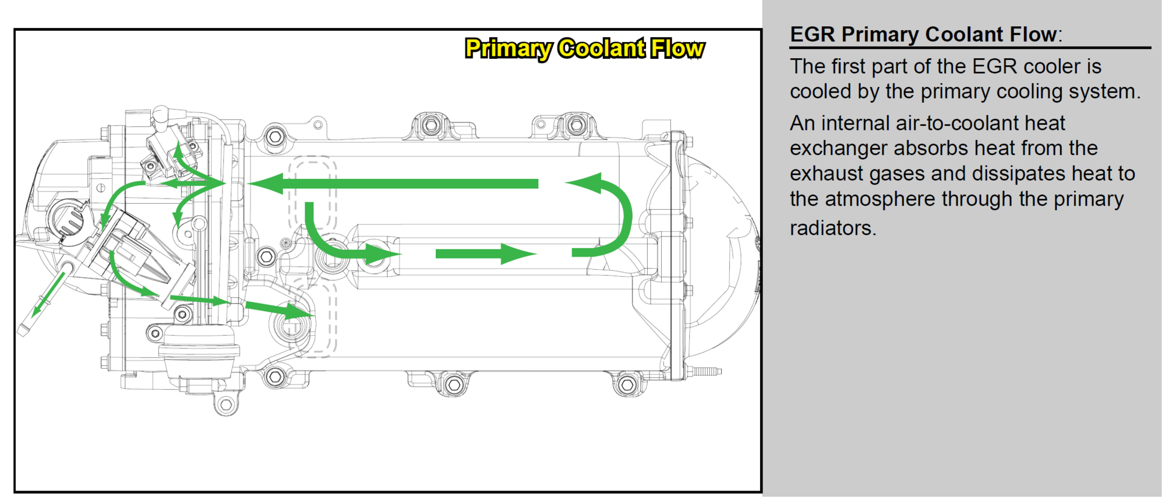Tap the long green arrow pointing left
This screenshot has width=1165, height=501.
393,184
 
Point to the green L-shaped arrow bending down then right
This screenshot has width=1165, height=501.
338,239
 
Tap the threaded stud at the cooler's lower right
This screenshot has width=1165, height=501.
707,371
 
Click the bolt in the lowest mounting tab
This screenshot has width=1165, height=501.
226,404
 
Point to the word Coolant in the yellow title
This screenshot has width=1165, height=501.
602,48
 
